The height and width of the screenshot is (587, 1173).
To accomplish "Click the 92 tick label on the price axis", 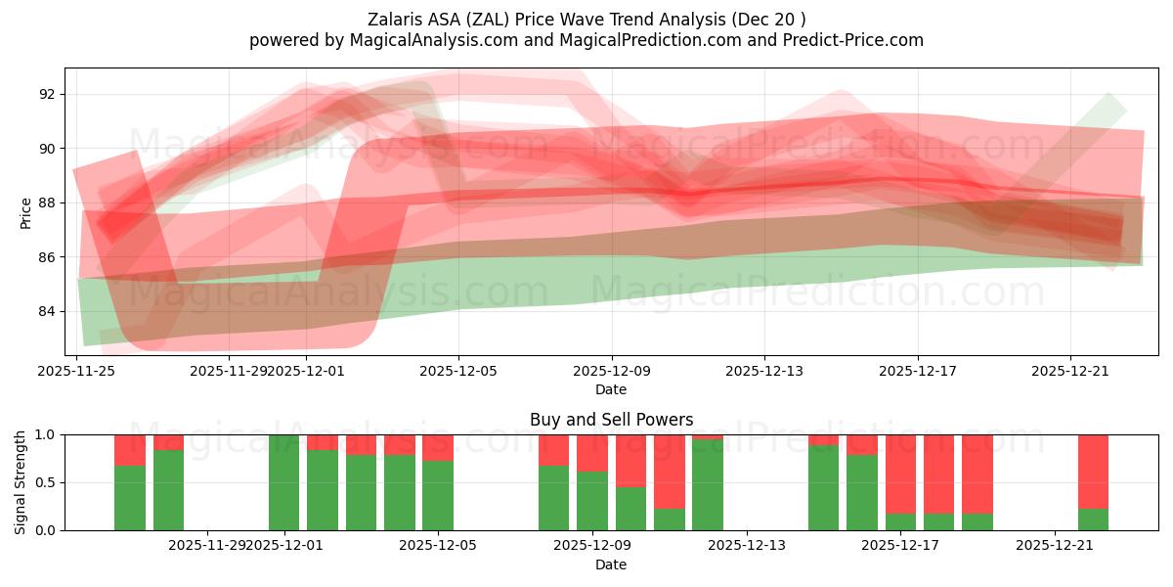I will click(48, 95).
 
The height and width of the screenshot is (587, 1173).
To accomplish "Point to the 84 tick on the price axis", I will click(48, 312).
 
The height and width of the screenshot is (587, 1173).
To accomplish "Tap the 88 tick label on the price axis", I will click(48, 203).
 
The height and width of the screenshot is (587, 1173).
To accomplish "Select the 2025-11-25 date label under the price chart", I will click(77, 371).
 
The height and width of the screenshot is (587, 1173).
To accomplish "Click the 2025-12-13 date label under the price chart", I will click(764, 371).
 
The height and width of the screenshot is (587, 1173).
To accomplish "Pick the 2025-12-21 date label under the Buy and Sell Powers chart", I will click(1055, 545).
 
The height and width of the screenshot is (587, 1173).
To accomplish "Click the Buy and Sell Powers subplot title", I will click(611, 420).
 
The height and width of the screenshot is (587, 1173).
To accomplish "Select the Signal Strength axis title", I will click(21, 482).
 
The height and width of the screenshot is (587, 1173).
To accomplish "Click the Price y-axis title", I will click(26, 212).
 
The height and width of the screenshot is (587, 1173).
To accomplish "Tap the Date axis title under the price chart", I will click(611, 389).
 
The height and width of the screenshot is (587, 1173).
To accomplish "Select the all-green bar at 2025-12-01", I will click(283, 482).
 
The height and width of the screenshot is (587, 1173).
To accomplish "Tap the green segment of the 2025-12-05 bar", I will click(438, 496).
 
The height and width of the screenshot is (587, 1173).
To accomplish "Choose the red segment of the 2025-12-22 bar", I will click(1093, 471).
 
